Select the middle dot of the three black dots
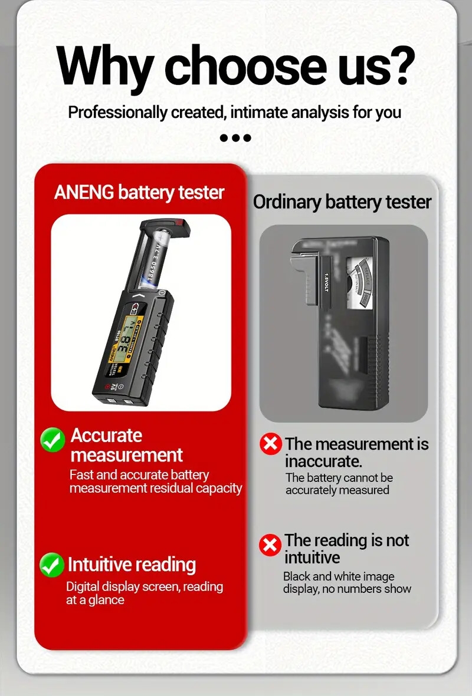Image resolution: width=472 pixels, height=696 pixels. point(235,138)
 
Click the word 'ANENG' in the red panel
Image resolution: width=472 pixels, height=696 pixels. point(84,192)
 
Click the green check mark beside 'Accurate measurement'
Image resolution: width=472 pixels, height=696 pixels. point(53,440)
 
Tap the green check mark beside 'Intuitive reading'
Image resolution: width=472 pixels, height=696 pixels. point(52,565)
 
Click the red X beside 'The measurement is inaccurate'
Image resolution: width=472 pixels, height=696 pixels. point(271,444)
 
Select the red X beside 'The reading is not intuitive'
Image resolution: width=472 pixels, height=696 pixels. point(270,545)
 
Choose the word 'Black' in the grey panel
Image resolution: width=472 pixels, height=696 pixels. point(296,576)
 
